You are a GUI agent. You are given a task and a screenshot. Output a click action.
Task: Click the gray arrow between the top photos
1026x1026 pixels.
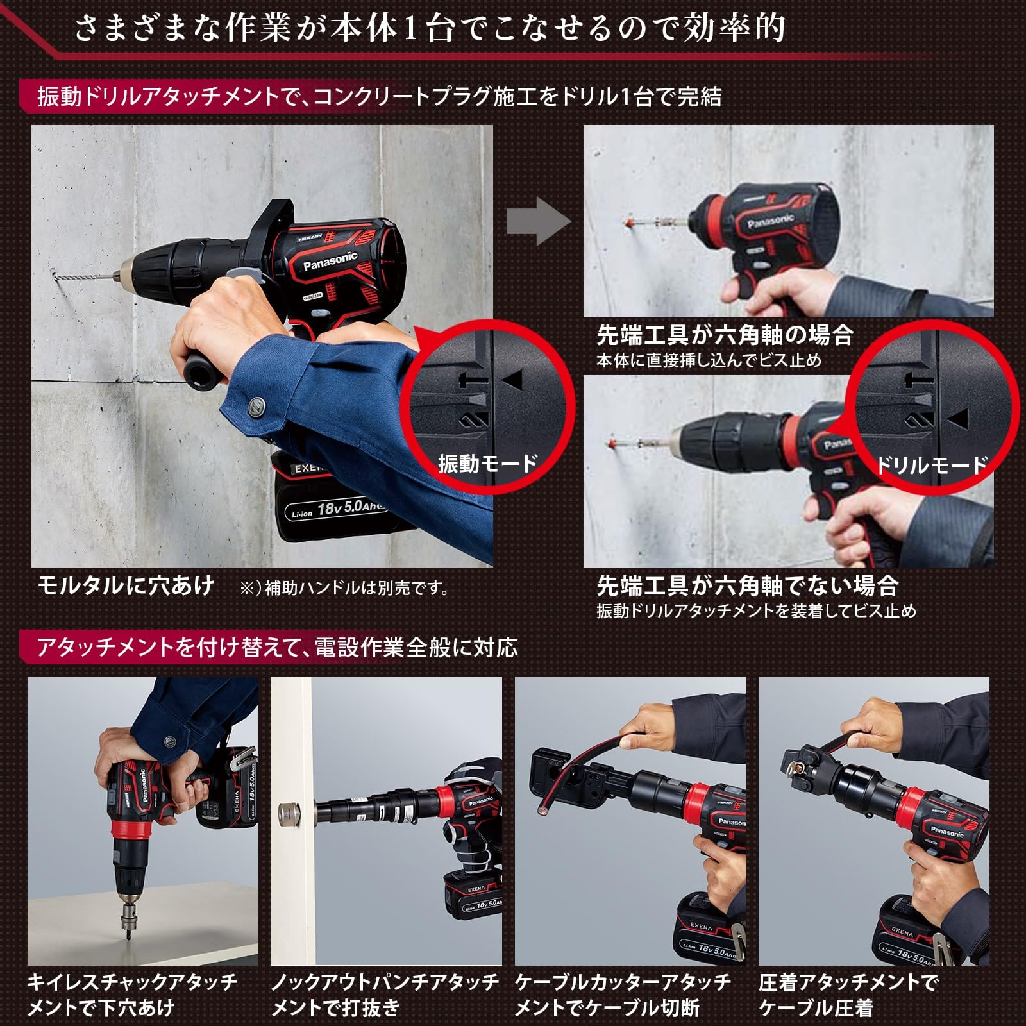pyautogui.click(x=537, y=221)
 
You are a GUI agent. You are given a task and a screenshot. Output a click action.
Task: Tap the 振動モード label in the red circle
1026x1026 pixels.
pyautogui.click(x=487, y=463)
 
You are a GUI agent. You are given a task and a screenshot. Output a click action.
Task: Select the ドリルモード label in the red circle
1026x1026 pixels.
pyautogui.click(x=931, y=464)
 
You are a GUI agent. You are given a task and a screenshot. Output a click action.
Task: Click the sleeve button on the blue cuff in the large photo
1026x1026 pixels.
pyautogui.click(x=255, y=405)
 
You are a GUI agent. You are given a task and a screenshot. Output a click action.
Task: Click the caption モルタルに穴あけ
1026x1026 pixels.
pyautogui.click(x=126, y=585)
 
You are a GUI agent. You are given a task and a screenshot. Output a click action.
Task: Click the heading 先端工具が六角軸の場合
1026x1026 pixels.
pyautogui.click(x=725, y=335)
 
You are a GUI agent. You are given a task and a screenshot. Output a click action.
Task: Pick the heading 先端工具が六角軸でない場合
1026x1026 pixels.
pyautogui.click(x=747, y=585)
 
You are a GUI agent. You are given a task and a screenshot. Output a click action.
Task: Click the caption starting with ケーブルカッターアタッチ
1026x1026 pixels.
pyautogui.click(x=623, y=995)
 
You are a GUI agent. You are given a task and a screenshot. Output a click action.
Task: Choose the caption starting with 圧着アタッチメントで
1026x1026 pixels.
pyautogui.click(x=848, y=995)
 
